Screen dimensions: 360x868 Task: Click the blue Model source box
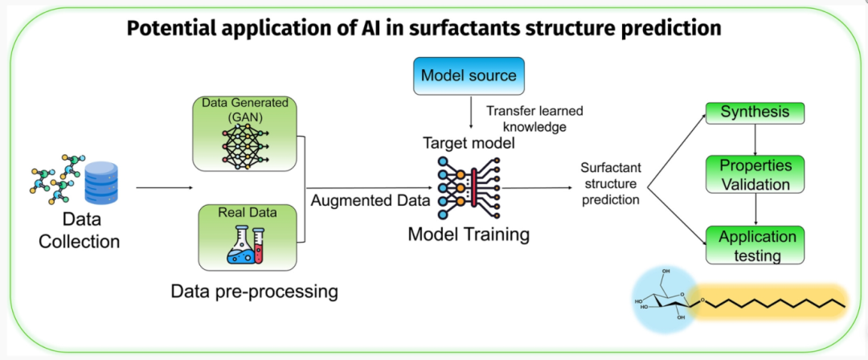[469, 76]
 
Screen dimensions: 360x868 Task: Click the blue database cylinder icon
[102, 183]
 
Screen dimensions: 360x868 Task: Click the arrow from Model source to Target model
[470, 113]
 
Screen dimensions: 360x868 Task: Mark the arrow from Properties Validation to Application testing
[755, 209]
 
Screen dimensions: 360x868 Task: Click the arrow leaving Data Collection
[165, 188]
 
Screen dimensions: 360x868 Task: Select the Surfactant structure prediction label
[610, 184]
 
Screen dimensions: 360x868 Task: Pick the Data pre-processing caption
[254, 290]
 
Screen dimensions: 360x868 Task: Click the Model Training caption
[469, 235]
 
